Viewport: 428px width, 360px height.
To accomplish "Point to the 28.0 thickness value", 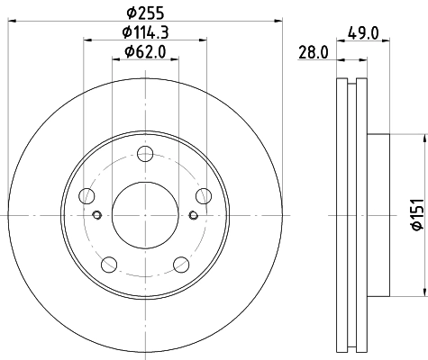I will coord(313,54).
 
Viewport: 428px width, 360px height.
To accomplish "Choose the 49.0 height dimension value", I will coord(353,35).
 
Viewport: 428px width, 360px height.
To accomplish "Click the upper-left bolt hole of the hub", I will coord(87,195).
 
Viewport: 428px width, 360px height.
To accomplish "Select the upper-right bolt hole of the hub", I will coord(203,195).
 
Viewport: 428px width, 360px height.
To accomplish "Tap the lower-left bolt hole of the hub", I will coord(109,263).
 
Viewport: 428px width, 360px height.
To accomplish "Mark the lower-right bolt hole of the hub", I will coord(181,263).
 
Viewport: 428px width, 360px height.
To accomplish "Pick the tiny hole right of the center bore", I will coord(193,214).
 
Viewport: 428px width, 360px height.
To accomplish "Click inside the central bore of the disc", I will coord(145,214).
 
